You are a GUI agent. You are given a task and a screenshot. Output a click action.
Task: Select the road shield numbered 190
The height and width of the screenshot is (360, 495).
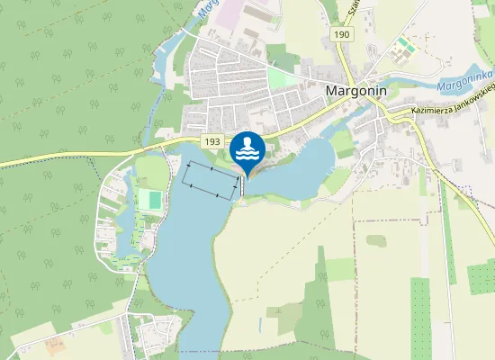(340, 33)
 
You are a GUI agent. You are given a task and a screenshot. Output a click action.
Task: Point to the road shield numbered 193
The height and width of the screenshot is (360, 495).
(212, 142)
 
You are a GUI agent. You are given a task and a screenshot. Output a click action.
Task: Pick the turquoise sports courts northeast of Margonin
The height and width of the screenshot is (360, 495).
(406, 44)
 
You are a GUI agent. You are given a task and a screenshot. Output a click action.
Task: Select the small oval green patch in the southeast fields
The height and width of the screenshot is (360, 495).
(376, 240)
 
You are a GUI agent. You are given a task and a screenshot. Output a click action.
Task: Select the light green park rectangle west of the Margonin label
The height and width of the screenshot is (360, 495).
(282, 78)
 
